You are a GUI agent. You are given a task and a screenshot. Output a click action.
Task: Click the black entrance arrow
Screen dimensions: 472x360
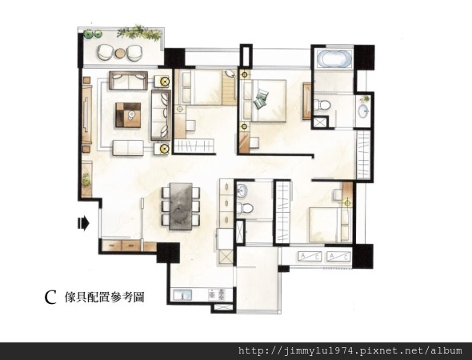click(x=83, y=223)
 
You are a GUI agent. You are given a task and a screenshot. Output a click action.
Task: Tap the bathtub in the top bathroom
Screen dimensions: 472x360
click(x=334, y=58)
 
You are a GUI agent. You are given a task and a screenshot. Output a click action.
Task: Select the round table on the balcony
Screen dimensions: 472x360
click(x=120, y=54)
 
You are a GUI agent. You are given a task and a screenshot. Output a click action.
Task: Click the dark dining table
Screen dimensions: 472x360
click(x=181, y=206)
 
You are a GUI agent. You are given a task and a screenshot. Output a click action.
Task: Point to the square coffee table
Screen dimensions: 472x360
click(x=128, y=115)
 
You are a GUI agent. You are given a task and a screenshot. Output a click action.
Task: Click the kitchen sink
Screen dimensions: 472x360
click(x=182, y=294)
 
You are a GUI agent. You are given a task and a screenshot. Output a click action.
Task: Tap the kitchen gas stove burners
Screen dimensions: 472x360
click(x=217, y=294)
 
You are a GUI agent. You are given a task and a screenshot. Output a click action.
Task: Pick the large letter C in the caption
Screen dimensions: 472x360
click(x=50, y=298)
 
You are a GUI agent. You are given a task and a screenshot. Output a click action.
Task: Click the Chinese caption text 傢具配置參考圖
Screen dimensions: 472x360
click(x=105, y=297)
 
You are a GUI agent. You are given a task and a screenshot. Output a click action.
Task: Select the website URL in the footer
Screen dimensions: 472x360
click(x=350, y=350)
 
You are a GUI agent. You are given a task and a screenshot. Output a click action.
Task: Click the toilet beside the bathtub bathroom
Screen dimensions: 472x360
click(x=322, y=105)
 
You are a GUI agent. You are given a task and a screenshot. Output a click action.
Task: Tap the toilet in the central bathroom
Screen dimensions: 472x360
click(x=245, y=208)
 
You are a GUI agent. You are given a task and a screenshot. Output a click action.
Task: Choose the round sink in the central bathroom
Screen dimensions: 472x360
click(x=242, y=190)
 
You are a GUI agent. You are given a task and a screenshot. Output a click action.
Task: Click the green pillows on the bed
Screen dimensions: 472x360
click(x=261, y=98)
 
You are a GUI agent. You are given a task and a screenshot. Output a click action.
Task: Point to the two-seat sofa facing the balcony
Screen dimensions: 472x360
click(x=128, y=80)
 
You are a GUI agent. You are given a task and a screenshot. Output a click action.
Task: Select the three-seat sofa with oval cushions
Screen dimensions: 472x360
click(x=161, y=115)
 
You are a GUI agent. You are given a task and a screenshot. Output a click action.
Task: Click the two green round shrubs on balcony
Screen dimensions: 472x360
click(x=93, y=34)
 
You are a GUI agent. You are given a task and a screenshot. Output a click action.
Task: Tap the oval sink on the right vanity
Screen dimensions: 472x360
click(x=363, y=110)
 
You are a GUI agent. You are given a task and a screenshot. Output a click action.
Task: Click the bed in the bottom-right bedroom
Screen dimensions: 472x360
click(x=330, y=225)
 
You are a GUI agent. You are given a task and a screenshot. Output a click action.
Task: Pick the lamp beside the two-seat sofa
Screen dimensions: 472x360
click(x=165, y=82)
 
